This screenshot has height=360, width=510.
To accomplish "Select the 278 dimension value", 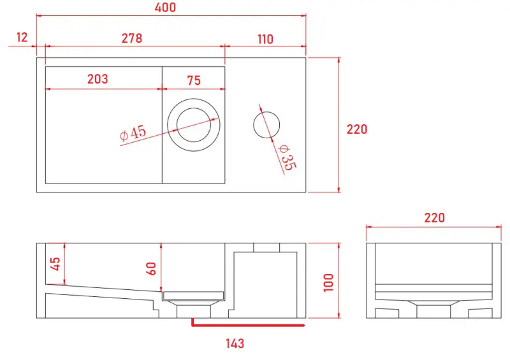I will [x=131, y=38].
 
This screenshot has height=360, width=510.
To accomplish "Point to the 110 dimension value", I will [x=265, y=39].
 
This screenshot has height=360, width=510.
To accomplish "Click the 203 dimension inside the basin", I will [x=97, y=79].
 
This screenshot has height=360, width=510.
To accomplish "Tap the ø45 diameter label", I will [x=133, y=133].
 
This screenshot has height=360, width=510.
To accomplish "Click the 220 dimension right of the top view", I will [x=357, y=129].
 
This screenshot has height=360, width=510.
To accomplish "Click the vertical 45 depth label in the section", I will [x=55, y=263].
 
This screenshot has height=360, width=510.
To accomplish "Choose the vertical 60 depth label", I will [x=152, y=268].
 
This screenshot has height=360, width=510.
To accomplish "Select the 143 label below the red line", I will [x=235, y=343].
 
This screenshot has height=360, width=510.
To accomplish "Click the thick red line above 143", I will [x=249, y=326].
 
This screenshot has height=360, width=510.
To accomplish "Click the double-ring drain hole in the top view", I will [x=194, y=125].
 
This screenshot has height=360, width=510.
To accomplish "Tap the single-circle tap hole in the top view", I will [x=266, y=124].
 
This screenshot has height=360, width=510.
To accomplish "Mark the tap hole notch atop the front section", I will [x=266, y=247].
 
